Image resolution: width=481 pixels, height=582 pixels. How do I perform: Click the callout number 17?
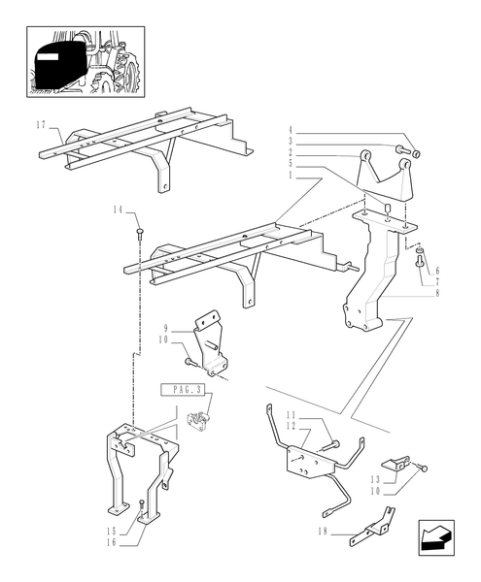click(41, 125)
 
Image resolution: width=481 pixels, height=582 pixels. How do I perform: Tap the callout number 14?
click(118, 210)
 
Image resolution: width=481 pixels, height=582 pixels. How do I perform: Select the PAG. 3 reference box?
click(182, 390)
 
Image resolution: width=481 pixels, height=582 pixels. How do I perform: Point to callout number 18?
click(323, 532)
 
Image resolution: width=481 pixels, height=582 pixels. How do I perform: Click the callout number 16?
click(112, 542)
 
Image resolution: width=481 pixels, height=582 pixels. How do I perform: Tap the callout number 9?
click(166, 329)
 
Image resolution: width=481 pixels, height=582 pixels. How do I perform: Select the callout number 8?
click(437, 293)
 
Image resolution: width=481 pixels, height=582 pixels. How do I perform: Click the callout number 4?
click(291, 130)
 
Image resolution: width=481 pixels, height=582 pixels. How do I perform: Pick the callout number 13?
click(375, 479)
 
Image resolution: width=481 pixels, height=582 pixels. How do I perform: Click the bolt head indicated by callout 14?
click(140, 233)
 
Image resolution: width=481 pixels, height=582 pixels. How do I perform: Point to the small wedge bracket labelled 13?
click(395, 464)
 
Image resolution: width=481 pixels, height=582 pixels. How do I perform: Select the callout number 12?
click(291, 427)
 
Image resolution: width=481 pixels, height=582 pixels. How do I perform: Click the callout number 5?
click(291, 164)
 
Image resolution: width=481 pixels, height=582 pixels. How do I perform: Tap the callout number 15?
click(112, 532)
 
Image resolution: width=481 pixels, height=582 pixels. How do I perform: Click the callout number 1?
click(291, 175)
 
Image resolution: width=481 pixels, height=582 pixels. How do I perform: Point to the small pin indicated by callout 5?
click(387, 207)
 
